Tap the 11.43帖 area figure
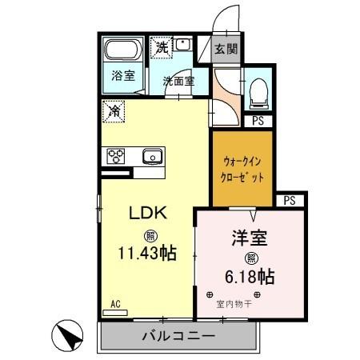coord(148,254)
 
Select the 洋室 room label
coord(249,238)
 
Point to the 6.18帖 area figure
coord(250,277)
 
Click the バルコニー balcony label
coord(179,337)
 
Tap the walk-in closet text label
coord(242,170)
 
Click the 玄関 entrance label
coord(226,49)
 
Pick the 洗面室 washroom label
coord(177,81)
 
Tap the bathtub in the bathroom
coord(123,52)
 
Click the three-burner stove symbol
coord(114,155)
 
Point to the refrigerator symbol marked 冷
coord(114,111)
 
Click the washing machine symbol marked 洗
coord(162,47)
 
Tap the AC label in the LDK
coord(115,304)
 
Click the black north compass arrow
coord(69,334)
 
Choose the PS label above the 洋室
coord(289,200)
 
